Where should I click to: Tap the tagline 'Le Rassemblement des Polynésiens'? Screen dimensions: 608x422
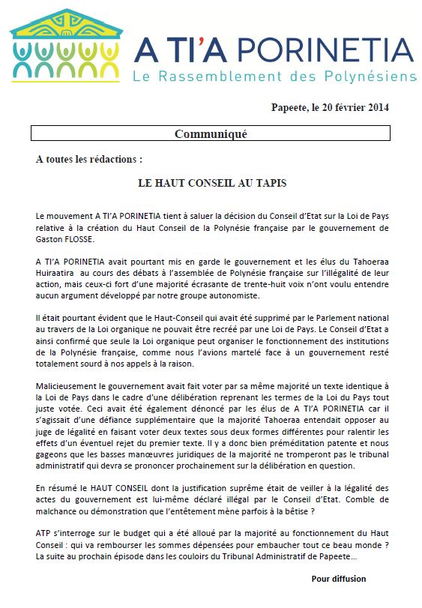[x=274, y=77]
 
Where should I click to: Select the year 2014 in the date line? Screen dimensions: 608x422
[x=376, y=107]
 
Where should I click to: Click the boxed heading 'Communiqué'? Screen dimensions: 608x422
[x=211, y=134]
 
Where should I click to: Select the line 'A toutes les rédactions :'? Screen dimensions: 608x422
[x=88, y=160]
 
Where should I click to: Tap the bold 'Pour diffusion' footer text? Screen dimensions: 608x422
[x=339, y=579]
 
